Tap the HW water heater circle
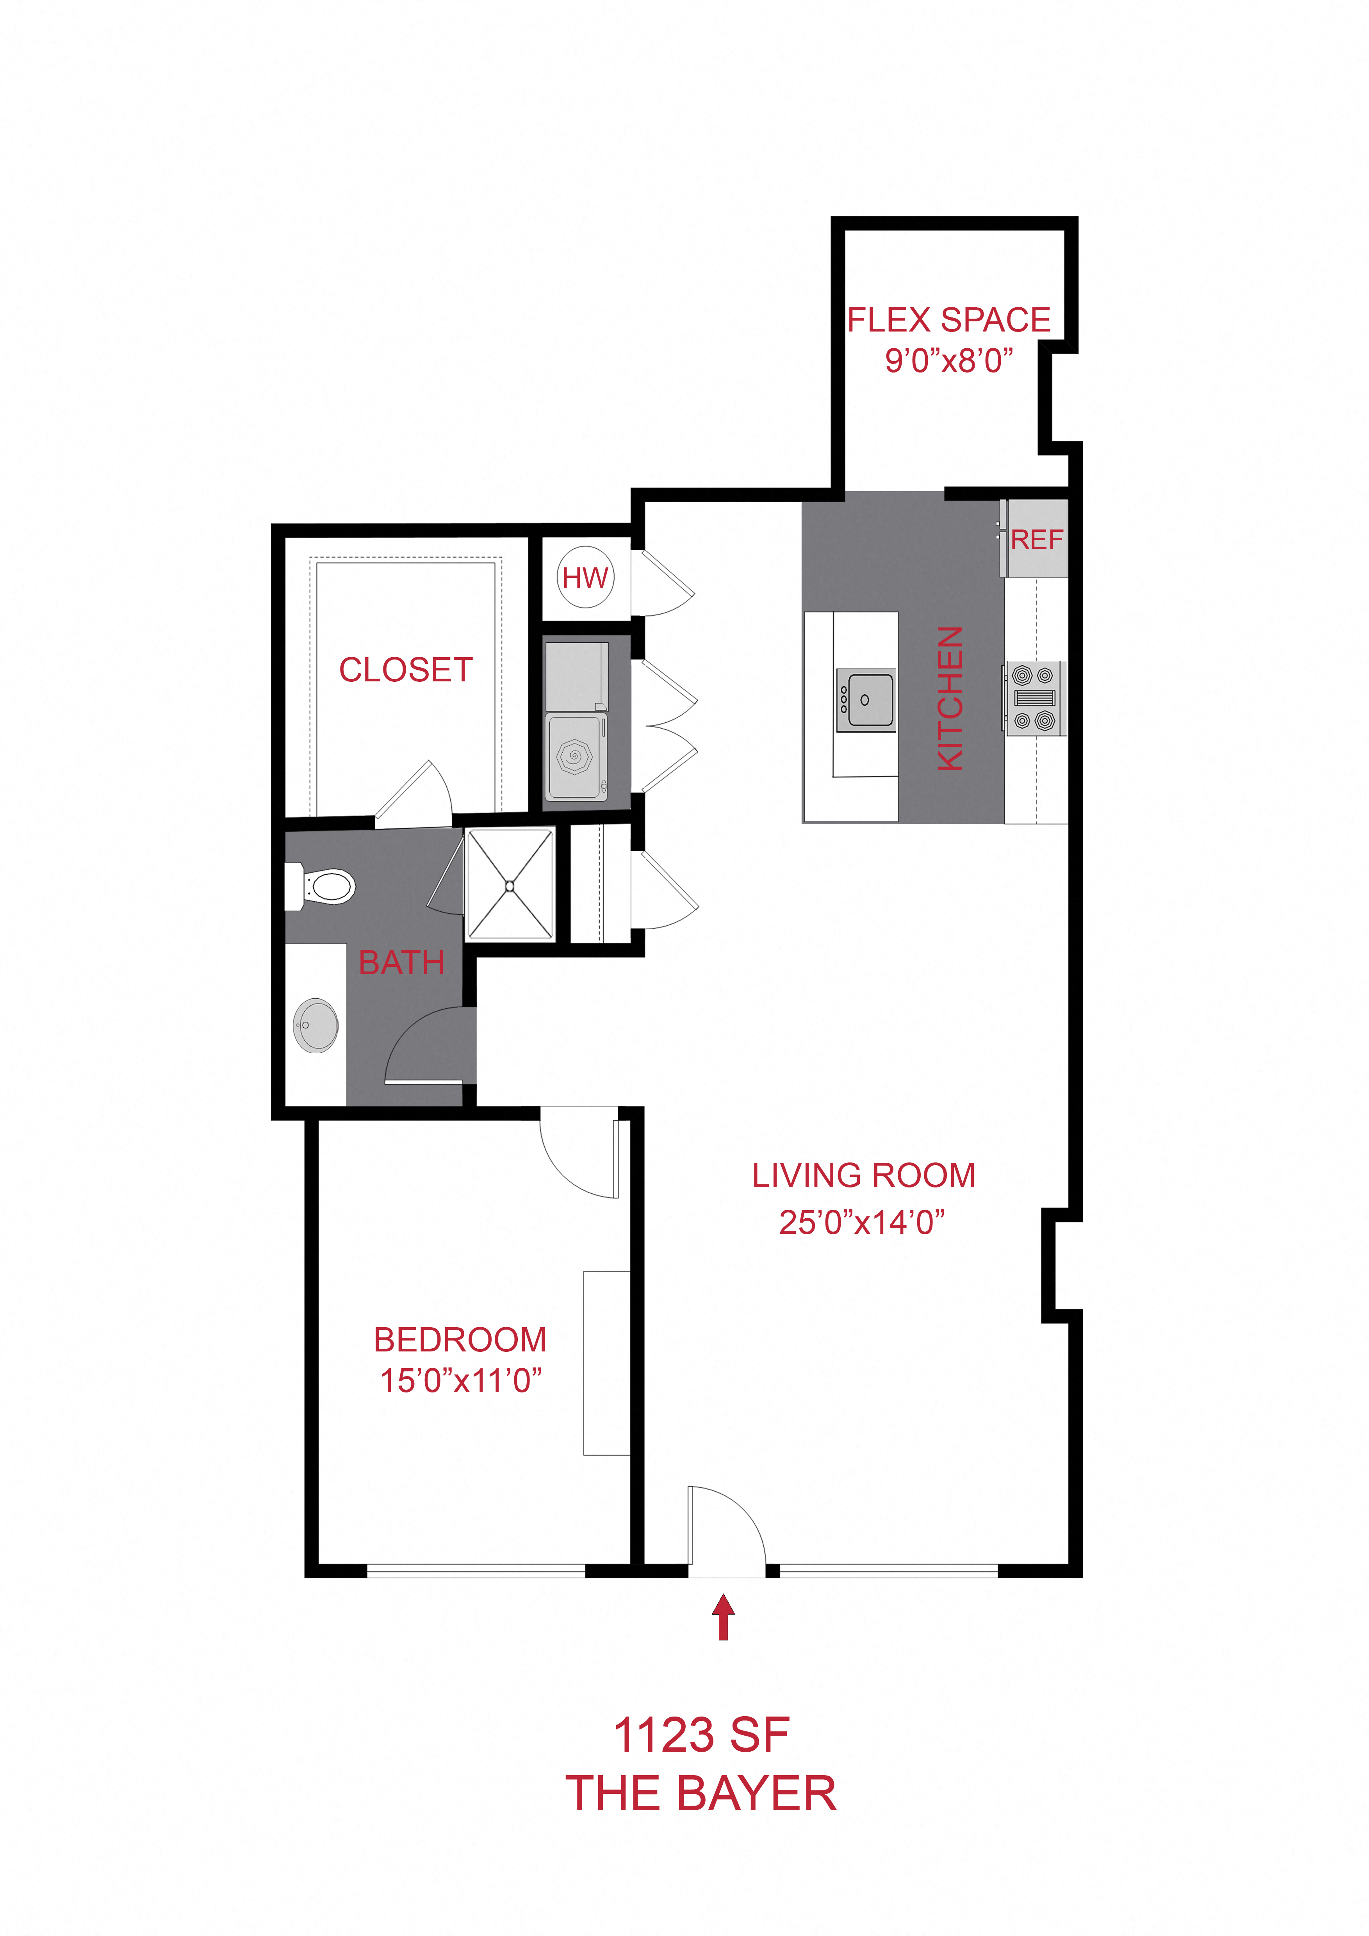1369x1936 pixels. click(585, 578)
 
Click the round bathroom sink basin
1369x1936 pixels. click(316, 1025)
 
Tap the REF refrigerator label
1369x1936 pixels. click(1037, 540)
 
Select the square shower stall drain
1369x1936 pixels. click(510, 885)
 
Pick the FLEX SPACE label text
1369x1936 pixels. click(949, 321)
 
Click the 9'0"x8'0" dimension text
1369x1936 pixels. click(949, 360)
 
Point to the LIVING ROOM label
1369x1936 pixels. click(864, 1175)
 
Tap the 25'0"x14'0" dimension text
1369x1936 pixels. click(861, 1222)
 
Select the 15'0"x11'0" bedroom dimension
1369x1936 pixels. click(460, 1380)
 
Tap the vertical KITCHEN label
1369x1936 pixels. click(950, 698)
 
